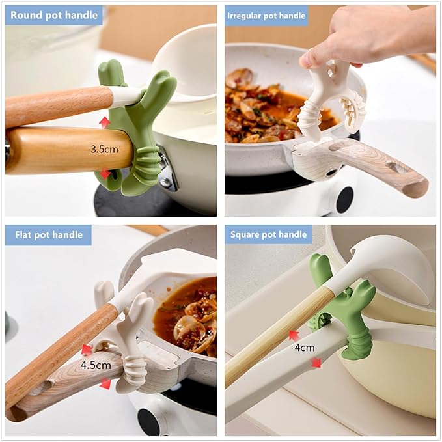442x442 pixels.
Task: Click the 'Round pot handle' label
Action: coord(54,15)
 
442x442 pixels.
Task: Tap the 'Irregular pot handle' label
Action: coord(266,16)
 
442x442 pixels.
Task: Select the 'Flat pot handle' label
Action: coord(49,234)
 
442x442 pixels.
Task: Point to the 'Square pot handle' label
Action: coord(268,234)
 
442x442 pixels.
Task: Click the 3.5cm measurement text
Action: coord(104,149)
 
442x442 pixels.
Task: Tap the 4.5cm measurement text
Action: coord(96,365)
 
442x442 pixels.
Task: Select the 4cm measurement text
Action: coord(305,348)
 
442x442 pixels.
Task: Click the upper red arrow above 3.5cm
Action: coord(105,122)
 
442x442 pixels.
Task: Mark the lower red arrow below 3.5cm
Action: coord(105,174)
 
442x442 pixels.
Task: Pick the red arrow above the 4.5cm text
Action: coord(87,350)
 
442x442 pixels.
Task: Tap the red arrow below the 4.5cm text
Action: coord(105,383)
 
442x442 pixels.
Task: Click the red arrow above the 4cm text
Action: coord(294,336)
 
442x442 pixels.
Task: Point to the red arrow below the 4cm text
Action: coord(316,363)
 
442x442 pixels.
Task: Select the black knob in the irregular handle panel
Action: coord(344,200)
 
